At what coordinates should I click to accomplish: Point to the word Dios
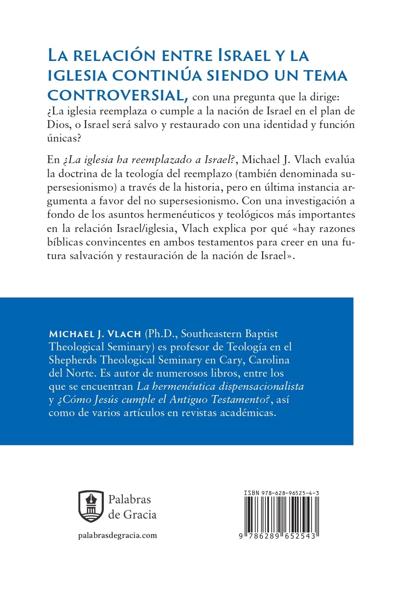(58, 125)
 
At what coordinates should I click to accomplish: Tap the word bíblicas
(65, 242)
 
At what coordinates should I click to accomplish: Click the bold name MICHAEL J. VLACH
(95, 334)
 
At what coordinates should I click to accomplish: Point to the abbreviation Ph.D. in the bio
(161, 334)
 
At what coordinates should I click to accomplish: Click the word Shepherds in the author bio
(73, 360)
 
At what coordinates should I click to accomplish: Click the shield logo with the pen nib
(91, 506)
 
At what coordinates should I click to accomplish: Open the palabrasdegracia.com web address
(117, 535)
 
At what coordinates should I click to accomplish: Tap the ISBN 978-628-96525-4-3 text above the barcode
(281, 493)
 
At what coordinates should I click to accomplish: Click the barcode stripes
(281, 515)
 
